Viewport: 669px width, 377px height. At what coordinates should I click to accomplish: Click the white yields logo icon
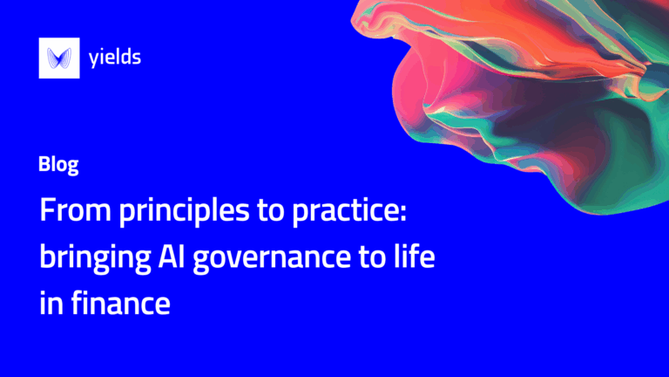coord(58,59)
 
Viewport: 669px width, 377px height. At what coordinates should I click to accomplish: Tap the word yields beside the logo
coord(115,58)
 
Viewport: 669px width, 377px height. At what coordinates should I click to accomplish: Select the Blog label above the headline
coord(59,165)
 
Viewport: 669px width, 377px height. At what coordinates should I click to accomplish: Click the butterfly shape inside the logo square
coord(58,59)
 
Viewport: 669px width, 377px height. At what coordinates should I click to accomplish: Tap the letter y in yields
coord(94,60)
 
